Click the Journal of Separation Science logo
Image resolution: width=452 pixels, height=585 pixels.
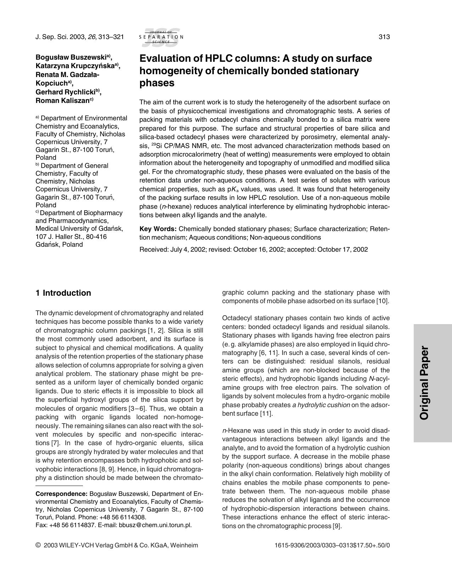[x=161, y=37]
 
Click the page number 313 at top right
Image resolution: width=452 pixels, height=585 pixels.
[x=384, y=37]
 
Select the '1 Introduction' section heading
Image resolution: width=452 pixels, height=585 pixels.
[x=63, y=293]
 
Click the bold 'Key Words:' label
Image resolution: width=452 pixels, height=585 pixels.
[x=158, y=229]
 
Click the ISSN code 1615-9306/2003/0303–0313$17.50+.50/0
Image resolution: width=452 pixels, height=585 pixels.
[x=332, y=545]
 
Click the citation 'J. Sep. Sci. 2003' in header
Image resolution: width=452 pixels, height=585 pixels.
[x=60, y=37]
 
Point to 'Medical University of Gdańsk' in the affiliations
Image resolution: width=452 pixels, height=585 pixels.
[x=79, y=229]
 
